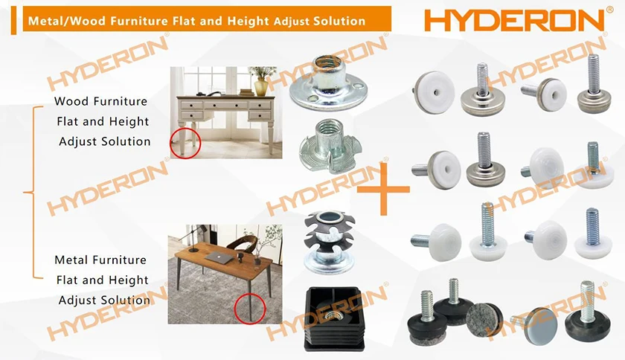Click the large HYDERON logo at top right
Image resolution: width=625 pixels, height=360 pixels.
[x=514, y=19]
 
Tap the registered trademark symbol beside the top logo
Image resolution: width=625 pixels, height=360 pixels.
[x=610, y=10]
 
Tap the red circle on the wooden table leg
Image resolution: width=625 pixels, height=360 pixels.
[x=246, y=306]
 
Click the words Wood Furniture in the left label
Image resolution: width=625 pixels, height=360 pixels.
[x=101, y=101]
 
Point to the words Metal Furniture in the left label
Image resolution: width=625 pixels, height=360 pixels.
[x=101, y=260]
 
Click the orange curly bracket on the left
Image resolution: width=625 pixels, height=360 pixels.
[x=30, y=193]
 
